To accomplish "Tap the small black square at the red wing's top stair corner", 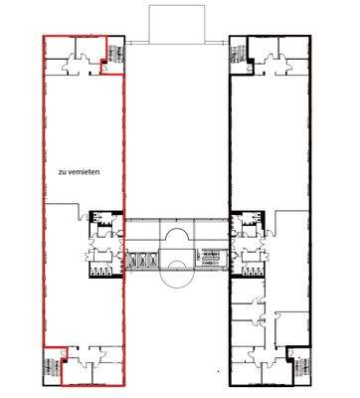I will coord(103,71).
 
